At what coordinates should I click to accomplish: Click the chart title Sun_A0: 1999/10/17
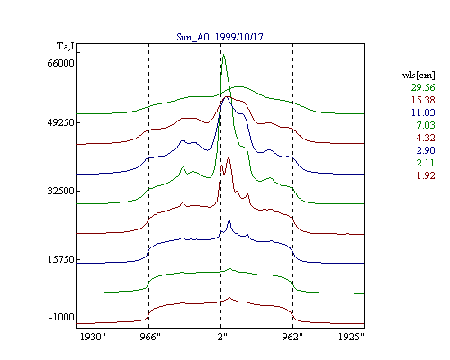tap(220, 37)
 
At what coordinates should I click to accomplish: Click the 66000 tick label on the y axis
tap(60, 63)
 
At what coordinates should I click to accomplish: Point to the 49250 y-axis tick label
tap(60, 122)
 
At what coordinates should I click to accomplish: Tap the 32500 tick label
tap(60, 191)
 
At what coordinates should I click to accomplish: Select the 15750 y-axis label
tap(60, 259)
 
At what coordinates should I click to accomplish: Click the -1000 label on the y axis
tap(61, 317)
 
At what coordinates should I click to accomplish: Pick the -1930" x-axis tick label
tap(91, 337)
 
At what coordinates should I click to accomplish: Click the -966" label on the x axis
tap(148, 337)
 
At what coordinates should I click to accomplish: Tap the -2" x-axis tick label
tap(220, 337)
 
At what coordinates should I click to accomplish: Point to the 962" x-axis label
tap(292, 337)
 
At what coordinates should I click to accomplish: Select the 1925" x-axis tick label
tap(351, 337)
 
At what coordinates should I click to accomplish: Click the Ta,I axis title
tap(66, 47)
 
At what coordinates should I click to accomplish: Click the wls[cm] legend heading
tap(418, 75)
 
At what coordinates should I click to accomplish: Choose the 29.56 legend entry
tap(423, 87)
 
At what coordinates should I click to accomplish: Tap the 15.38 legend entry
tap(423, 100)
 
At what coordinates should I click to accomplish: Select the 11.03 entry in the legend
tap(423, 112)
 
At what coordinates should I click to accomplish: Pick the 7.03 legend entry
tap(426, 125)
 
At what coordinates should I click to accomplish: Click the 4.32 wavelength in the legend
tap(426, 138)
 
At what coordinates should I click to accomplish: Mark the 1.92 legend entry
tap(426, 175)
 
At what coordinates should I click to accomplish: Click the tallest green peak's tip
tap(223, 54)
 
